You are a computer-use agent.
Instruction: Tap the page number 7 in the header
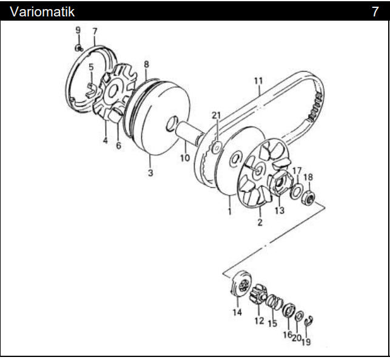click(x=375, y=11)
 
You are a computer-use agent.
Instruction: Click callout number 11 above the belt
click(x=258, y=81)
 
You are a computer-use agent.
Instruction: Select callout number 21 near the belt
click(x=217, y=115)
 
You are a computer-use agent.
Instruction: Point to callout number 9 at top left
click(x=78, y=30)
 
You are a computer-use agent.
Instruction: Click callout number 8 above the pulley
click(x=146, y=64)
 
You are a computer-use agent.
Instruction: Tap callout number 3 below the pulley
click(x=150, y=174)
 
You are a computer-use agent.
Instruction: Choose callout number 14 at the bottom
click(x=237, y=313)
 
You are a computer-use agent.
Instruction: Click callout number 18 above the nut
click(x=309, y=177)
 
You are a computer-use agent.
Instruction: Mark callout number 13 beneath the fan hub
click(x=279, y=210)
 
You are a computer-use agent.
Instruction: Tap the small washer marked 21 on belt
click(x=216, y=146)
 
